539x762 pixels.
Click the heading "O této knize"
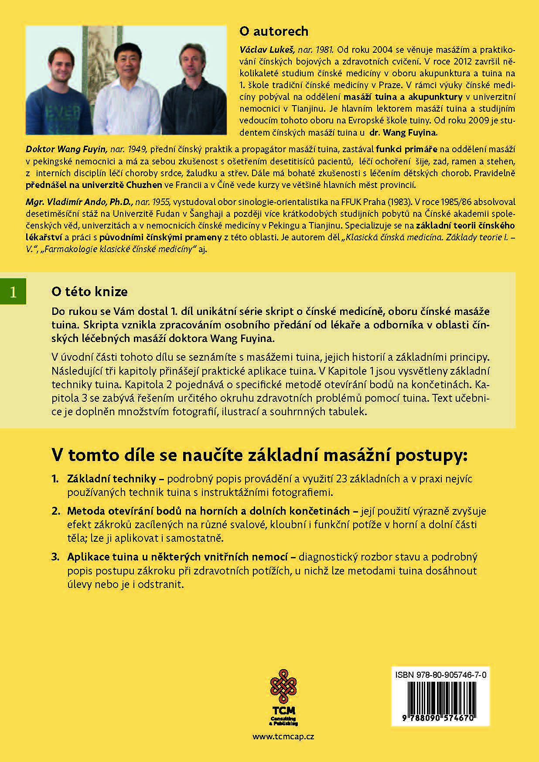tap(89, 292)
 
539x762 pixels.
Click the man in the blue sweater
tap(61, 96)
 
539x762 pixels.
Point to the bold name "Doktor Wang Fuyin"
tap(66, 149)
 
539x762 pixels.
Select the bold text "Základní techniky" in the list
tap(112, 478)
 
